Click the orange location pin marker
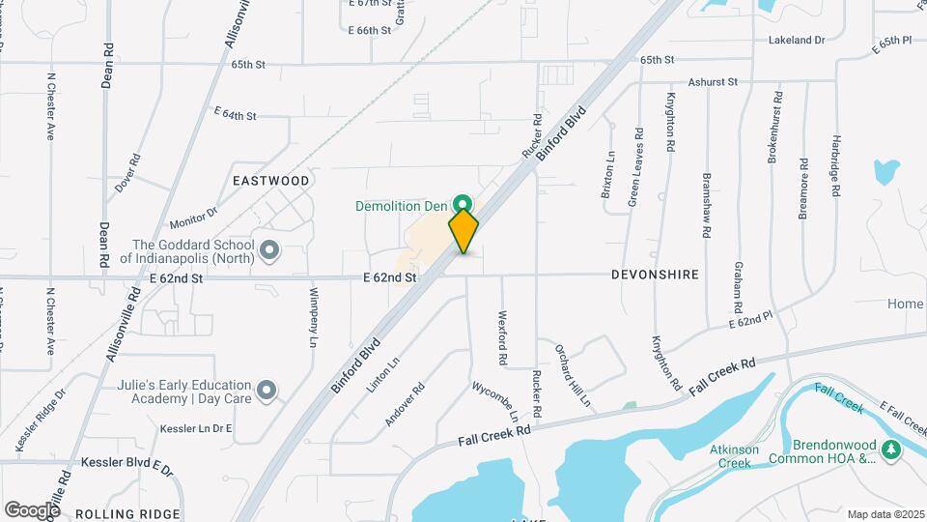[463, 230]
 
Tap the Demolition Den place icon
[463, 205]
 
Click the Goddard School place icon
[269, 251]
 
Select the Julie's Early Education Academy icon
[268, 391]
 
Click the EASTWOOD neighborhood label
[270, 181]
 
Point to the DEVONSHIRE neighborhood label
[655, 275]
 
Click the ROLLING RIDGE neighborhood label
[127, 513]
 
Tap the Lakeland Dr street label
[797, 41]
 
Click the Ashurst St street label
[713, 83]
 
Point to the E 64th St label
[235, 115]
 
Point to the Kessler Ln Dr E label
[197, 428]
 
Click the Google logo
[32, 509]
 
